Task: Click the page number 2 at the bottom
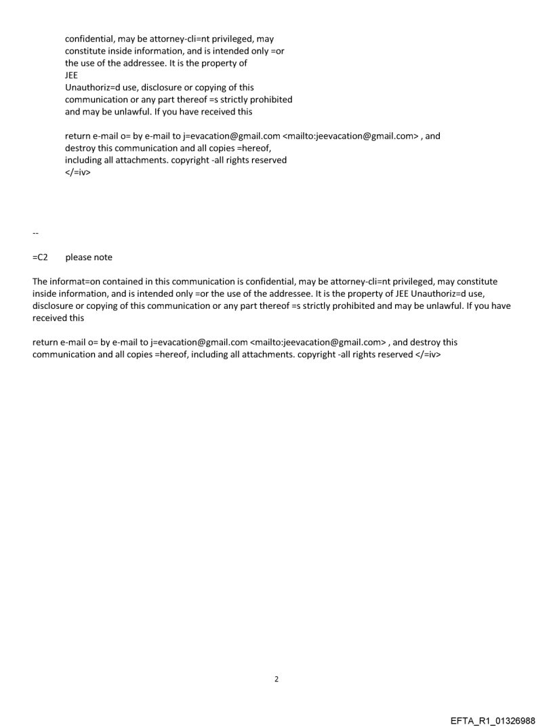coord(276,679)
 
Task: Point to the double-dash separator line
coord(35,233)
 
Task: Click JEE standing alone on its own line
coord(71,76)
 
